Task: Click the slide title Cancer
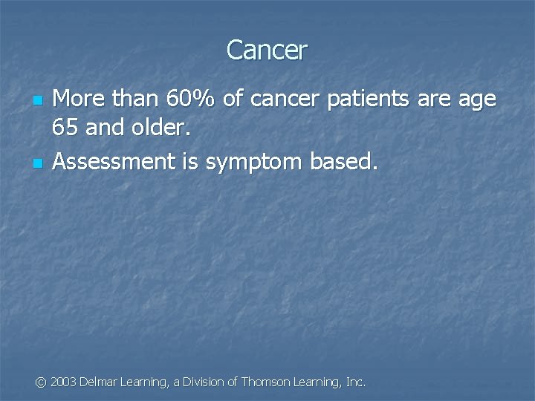pos(267,50)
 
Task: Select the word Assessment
pos(112,161)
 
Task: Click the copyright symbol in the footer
pos(42,382)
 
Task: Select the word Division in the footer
pos(203,382)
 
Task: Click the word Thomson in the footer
pos(266,382)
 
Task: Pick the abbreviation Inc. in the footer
pos(356,382)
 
